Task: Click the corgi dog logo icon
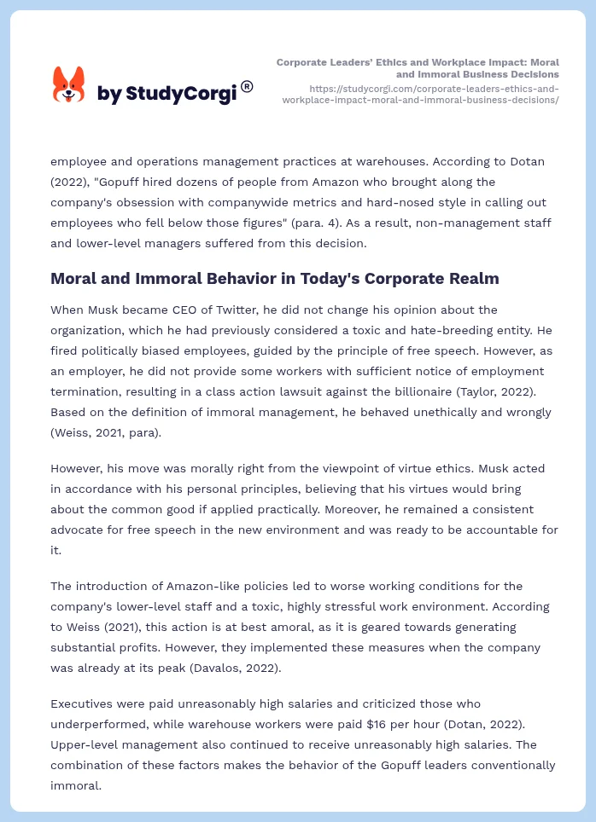click(69, 85)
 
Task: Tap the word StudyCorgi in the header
click(181, 94)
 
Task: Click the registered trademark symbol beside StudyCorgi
click(247, 86)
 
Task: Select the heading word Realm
click(470, 278)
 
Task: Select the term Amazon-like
click(175, 586)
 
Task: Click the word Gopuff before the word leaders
click(412, 765)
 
